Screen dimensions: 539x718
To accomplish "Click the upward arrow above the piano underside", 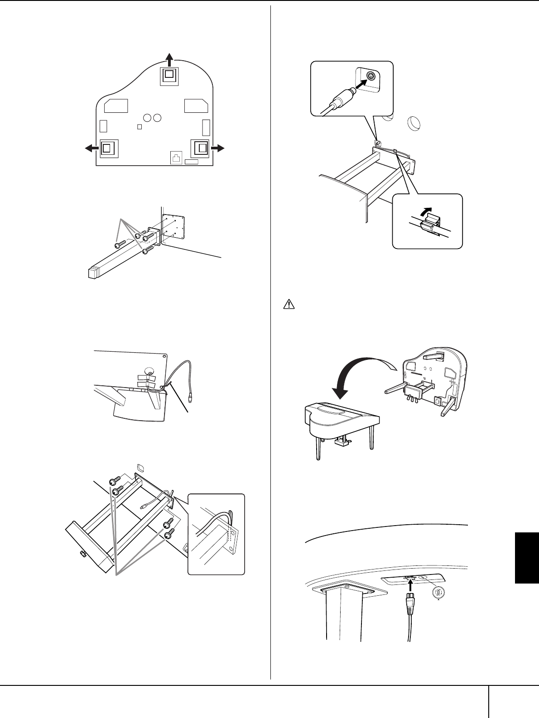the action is (x=169, y=59).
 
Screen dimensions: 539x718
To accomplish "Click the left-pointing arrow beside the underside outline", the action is (x=92, y=148).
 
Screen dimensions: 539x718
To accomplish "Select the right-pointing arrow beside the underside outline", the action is (x=218, y=148).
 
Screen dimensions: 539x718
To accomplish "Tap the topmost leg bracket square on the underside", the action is (x=169, y=74).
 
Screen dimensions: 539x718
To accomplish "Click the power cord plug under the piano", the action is (x=410, y=609).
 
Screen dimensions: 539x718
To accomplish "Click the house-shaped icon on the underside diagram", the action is (x=176, y=157).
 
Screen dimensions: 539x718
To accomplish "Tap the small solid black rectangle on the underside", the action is (x=191, y=162).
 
